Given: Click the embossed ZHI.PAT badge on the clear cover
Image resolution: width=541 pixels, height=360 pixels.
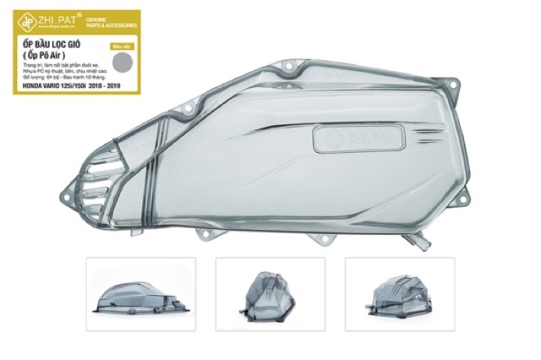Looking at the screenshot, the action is (x=347, y=137).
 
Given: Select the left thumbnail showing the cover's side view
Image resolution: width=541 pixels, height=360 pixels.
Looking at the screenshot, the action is (x=141, y=294).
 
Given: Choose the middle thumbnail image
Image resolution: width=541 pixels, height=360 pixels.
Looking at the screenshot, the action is (x=270, y=294).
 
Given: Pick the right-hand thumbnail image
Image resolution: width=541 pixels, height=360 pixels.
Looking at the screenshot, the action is (x=399, y=294).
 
